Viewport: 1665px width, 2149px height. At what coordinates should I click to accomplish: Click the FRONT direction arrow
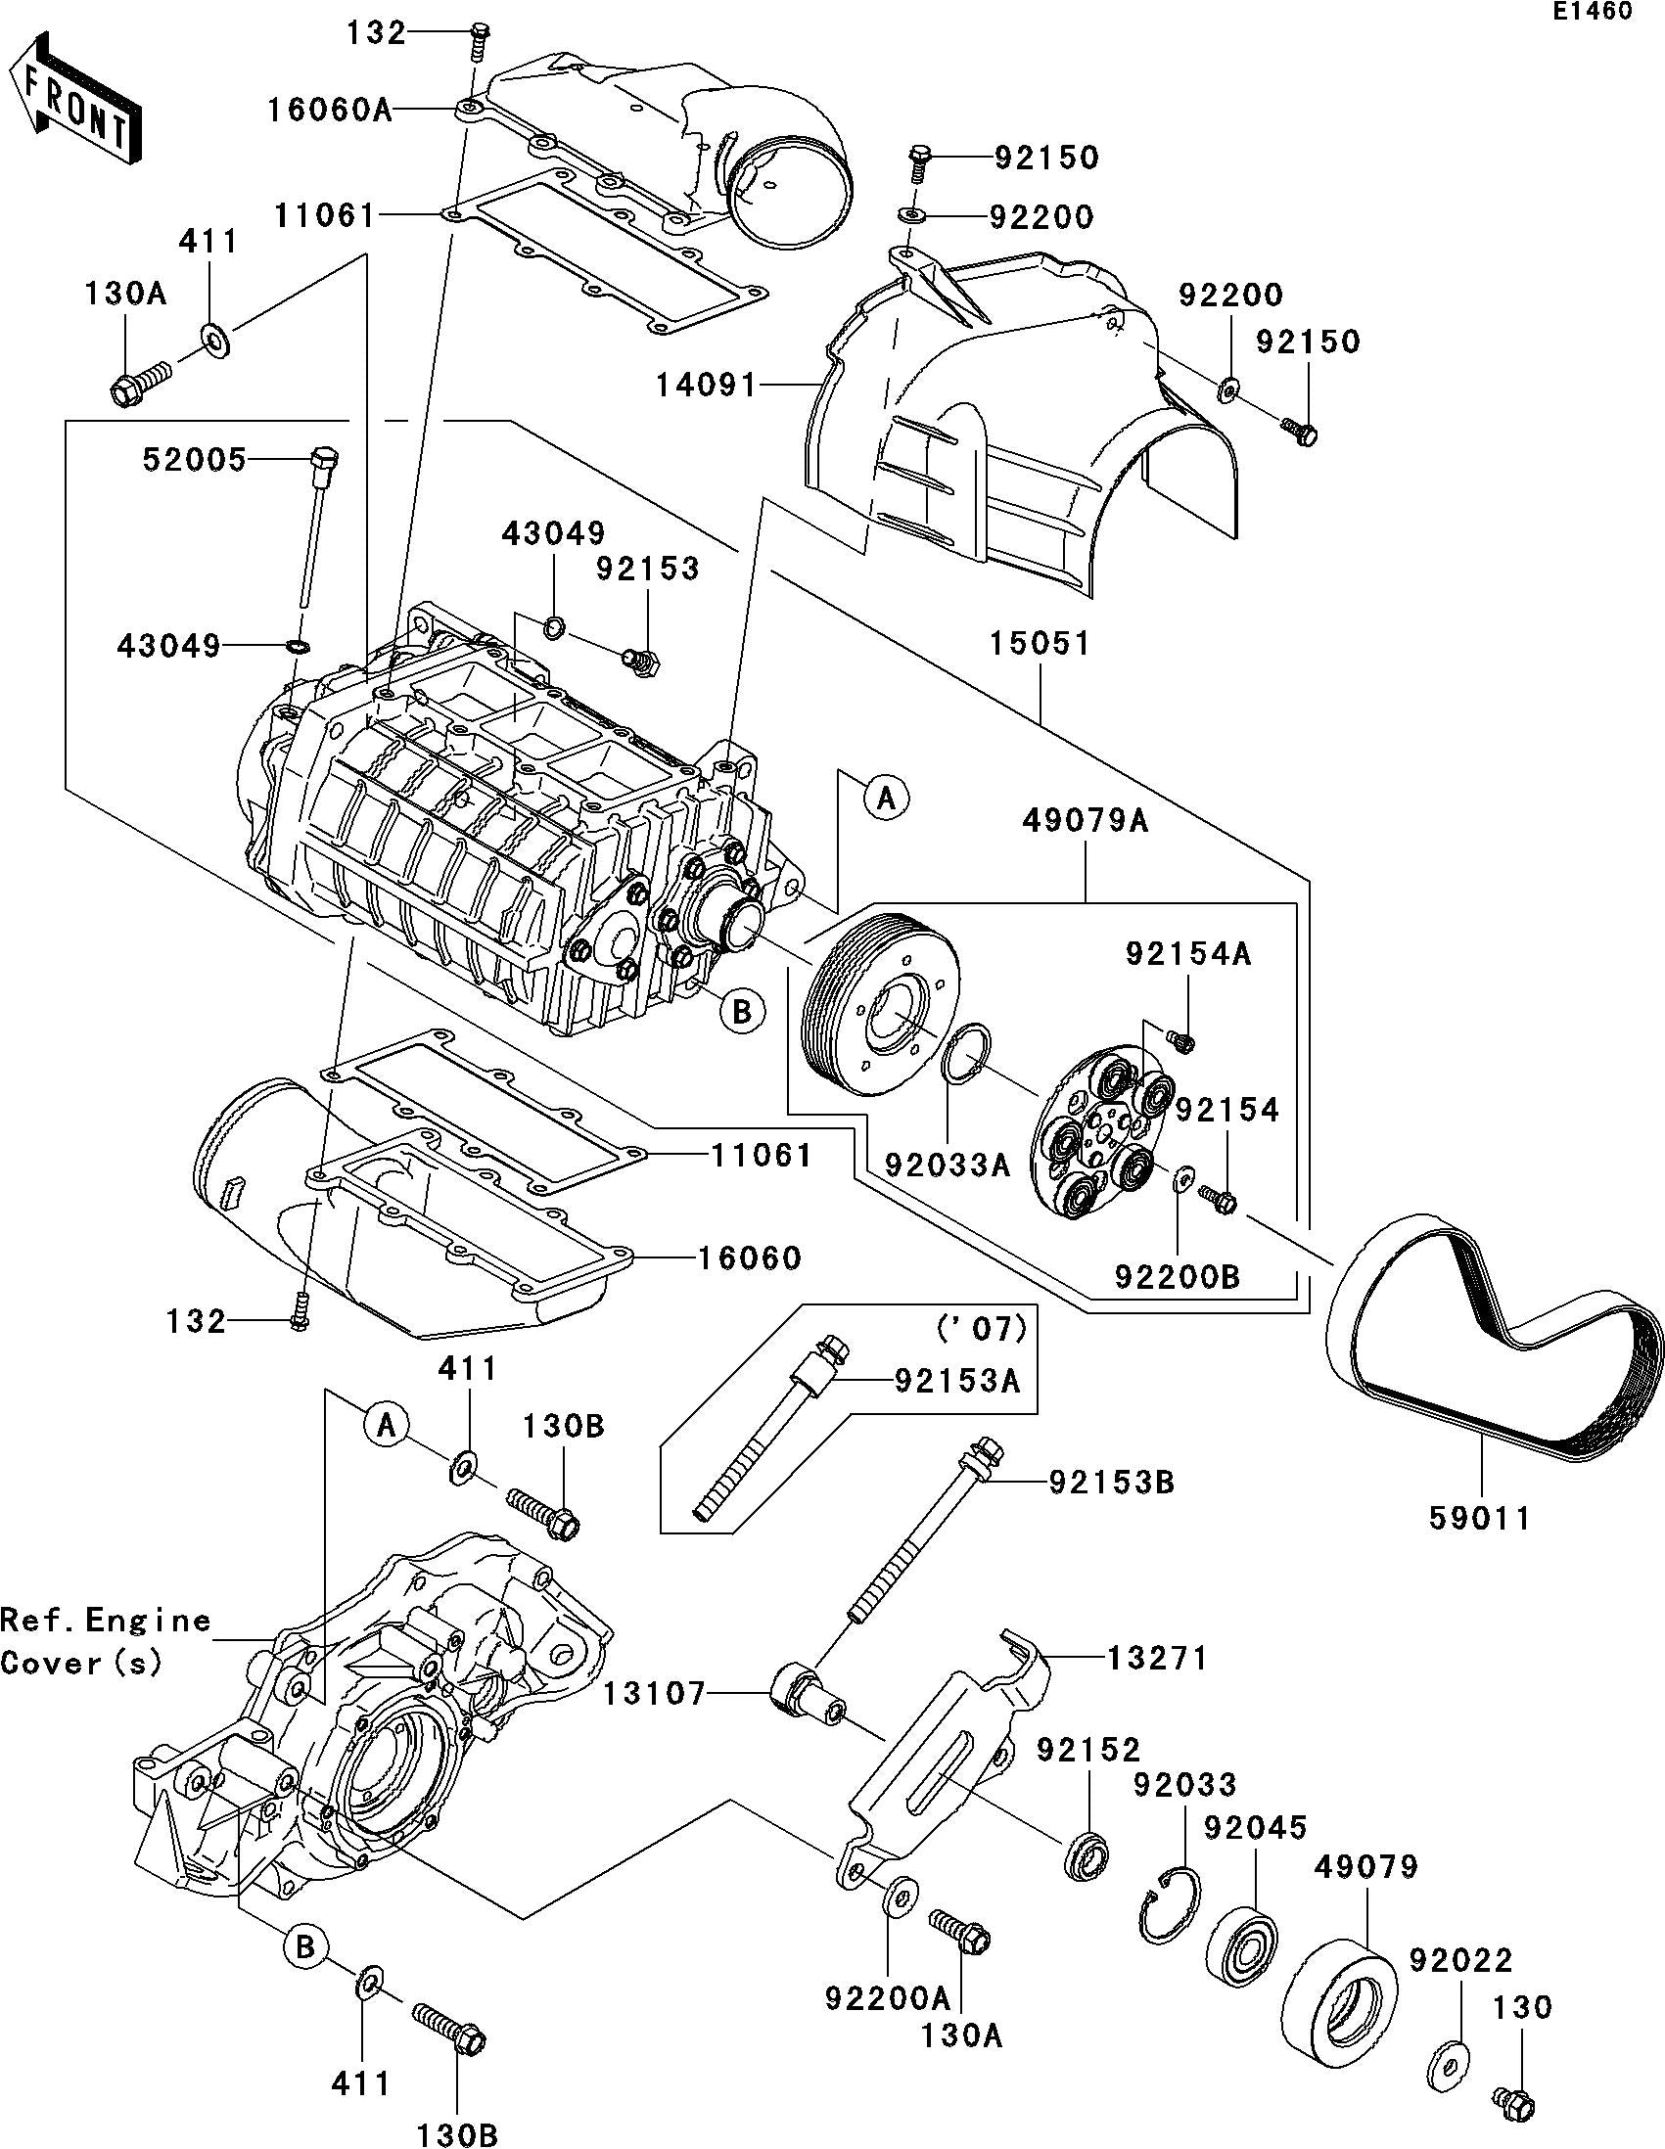click(73, 99)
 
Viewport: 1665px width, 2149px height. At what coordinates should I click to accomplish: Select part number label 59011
click(1480, 1518)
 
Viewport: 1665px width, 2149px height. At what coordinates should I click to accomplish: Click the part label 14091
click(708, 385)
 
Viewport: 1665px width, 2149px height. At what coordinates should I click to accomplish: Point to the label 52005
click(195, 459)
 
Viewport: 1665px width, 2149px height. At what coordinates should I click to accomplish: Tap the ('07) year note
click(983, 1329)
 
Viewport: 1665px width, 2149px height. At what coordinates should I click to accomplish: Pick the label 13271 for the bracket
click(1156, 1658)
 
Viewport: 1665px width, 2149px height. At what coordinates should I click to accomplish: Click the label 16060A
click(330, 110)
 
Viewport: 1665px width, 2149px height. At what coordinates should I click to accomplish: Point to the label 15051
click(1040, 644)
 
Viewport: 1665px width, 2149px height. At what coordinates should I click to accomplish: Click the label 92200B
click(1177, 1276)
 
